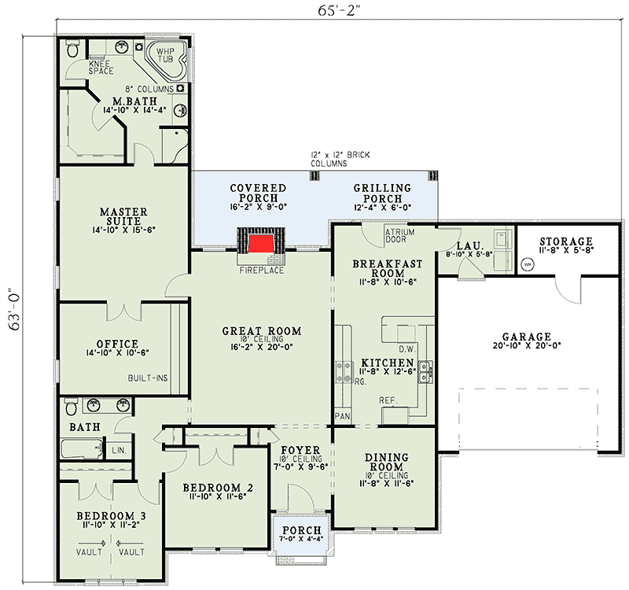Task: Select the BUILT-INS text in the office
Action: tap(148, 378)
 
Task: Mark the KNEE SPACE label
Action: tap(101, 68)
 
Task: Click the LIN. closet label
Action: tap(119, 450)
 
